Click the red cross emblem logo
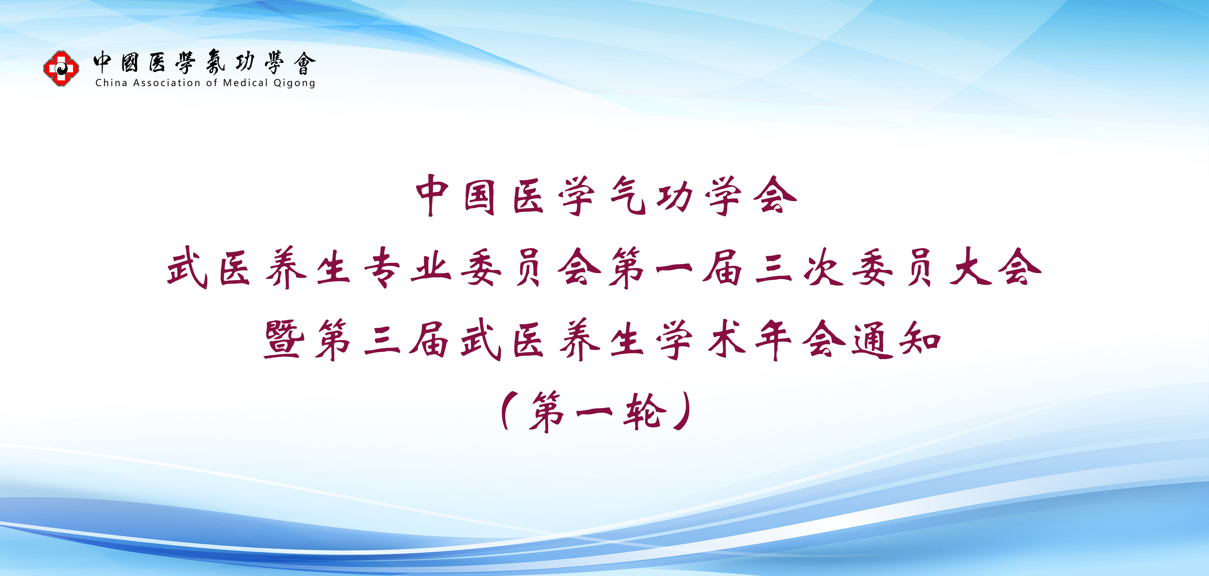61,69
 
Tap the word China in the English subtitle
111,83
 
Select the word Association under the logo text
167,83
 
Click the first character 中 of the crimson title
433,196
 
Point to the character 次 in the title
823,268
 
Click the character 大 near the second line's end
970,268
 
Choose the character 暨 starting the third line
284,340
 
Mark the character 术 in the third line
726,340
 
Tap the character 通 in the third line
872,340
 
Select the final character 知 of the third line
920,340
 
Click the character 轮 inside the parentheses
645,412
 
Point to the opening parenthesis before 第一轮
508,412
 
